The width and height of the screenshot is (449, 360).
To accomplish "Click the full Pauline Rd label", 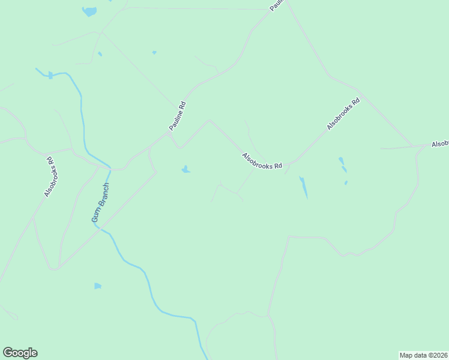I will tap(178, 117).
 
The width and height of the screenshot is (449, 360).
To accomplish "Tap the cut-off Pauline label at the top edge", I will tap(276, 5).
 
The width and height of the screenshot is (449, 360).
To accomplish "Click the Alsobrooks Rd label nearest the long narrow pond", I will tap(262, 161).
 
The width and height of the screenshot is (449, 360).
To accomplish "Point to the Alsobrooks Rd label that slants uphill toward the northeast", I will tap(343, 115).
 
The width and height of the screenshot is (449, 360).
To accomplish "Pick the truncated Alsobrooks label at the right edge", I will tap(440, 145).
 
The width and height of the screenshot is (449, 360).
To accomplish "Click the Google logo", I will tap(20, 353).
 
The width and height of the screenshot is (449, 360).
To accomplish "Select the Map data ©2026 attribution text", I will tap(424, 355).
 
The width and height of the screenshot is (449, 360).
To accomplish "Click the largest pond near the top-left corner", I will tap(89, 11).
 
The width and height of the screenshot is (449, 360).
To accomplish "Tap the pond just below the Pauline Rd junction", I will tap(186, 170).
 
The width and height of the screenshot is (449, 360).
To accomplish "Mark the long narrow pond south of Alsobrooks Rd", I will tap(304, 187).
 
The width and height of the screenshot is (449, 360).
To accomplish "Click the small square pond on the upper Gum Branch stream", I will tap(50, 75).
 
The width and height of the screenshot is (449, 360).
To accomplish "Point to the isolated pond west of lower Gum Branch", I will tap(97, 286).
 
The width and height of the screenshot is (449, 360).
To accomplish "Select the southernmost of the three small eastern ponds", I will tap(346, 183).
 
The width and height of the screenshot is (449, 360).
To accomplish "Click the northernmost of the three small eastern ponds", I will tap(341, 160).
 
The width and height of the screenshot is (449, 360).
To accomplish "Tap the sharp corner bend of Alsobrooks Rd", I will tap(209, 120).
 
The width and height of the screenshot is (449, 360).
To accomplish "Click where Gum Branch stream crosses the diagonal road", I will tap(100, 229).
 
